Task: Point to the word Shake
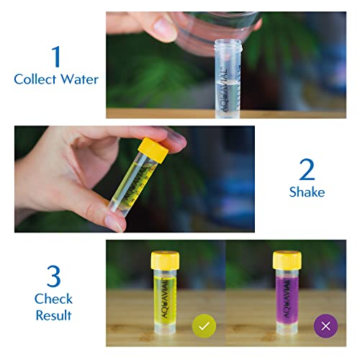coord(307,192)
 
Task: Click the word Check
coord(53,299)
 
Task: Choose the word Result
coord(53,315)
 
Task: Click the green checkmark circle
coord(204,326)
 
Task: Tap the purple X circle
coord(325,326)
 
